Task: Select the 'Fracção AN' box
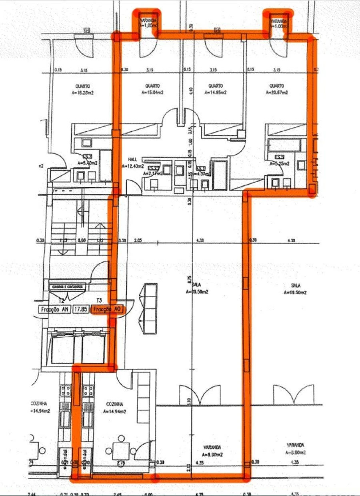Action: pos(54,309)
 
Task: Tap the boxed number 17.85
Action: pos(82,309)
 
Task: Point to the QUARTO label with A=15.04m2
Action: pos(152,89)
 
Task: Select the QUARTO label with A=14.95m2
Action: pos(215,89)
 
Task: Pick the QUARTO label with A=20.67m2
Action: pos(277,89)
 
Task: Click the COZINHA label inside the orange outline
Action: pos(114,407)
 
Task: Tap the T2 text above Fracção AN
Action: pos(62,300)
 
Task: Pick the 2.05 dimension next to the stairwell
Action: pos(138,240)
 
